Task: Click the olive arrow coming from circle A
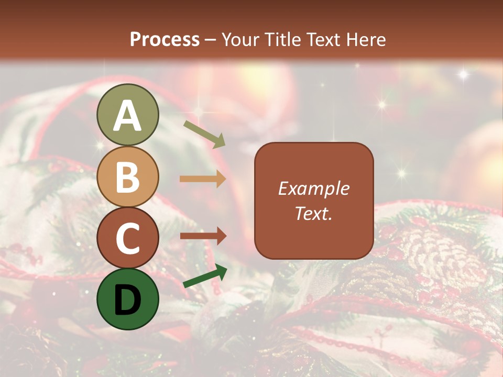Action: [204, 134]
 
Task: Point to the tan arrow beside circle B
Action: [203, 179]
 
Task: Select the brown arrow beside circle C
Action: [203, 236]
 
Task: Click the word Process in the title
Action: [165, 40]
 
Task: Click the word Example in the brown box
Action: [313, 188]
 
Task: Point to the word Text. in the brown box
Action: [313, 213]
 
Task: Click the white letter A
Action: [128, 116]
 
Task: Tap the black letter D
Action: [128, 300]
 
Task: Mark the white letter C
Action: [128, 239]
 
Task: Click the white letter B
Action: [128, 177]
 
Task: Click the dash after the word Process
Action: [211, 40]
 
